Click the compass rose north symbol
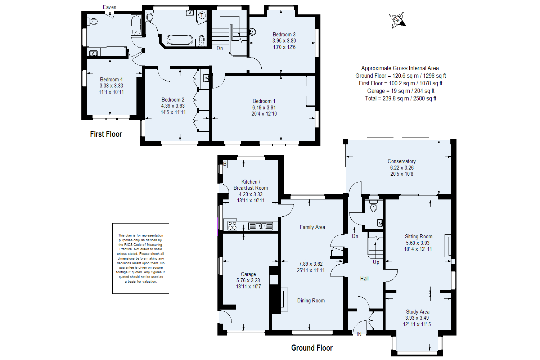pos(397,20)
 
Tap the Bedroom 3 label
pos(284,35)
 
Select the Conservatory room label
pos(402,161)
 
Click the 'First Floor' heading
pos(106,134)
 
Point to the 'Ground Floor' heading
pos(312,348)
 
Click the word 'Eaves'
pos(109,7)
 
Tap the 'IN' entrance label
pos(359,334)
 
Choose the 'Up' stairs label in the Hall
pos(376,262)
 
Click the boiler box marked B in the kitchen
pos(225,164)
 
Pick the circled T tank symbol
pos(202,15)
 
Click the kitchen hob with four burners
pos(233,226)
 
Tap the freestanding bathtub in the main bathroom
pos(180,40)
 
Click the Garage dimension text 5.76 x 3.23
pos(248,280)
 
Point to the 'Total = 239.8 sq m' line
pos(401,98)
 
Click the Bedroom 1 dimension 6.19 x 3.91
pos(264,108)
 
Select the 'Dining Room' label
pos(311,301)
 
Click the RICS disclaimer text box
pos(141,258)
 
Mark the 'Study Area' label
pos(418,312)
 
